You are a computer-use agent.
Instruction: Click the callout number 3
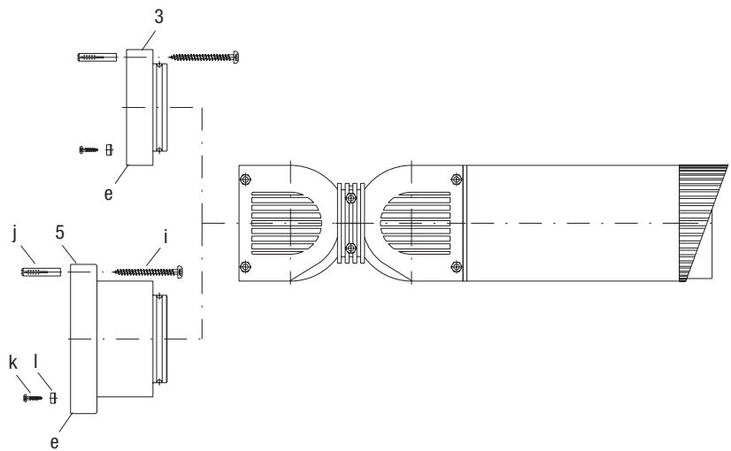159,17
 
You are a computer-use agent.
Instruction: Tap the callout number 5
59,233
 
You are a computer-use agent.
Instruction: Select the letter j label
15,233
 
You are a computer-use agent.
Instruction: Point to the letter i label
165,237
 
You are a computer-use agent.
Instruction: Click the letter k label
13,362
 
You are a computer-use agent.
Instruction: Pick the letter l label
36,362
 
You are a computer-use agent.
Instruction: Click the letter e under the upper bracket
108,194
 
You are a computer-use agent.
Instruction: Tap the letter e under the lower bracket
55,442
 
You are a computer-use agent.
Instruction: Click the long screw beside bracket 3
204,57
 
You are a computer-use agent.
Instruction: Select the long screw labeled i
148,271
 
